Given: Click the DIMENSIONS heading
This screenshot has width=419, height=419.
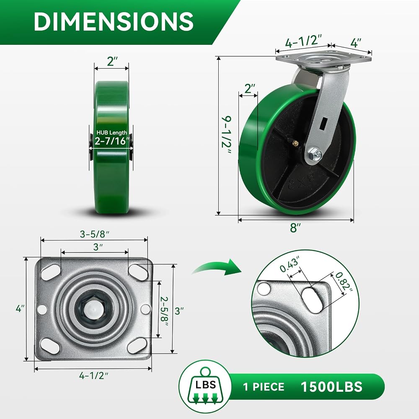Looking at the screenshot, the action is [114, 22].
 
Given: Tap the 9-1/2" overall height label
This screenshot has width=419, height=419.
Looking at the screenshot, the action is [226, 135].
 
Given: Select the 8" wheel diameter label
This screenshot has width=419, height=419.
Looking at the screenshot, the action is [295, 228].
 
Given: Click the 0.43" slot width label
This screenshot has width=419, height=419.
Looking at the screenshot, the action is [290, 264].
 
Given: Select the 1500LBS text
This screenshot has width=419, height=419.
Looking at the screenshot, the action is [331, 387].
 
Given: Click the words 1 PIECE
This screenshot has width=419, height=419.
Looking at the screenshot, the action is [264, 387].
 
